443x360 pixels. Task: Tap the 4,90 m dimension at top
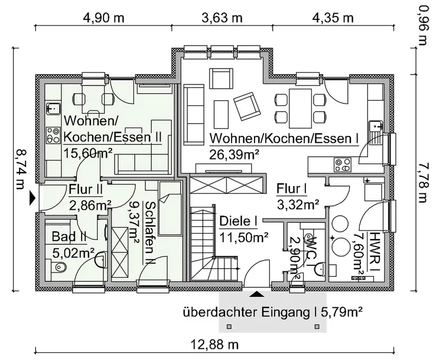pos(103,17)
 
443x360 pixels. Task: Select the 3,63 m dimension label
pos(221,17)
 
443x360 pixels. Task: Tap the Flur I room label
pos(292,189)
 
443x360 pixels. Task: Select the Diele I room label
pos(239,222)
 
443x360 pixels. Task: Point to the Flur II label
pos(86,190)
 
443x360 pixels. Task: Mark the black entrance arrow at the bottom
pos(257,291)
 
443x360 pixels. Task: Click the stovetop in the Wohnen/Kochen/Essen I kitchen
pos(342,163)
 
